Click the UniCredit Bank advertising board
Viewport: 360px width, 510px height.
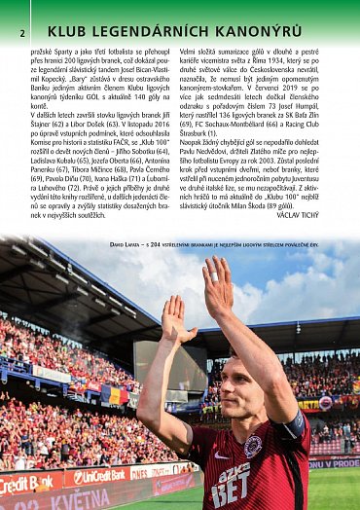97,477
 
